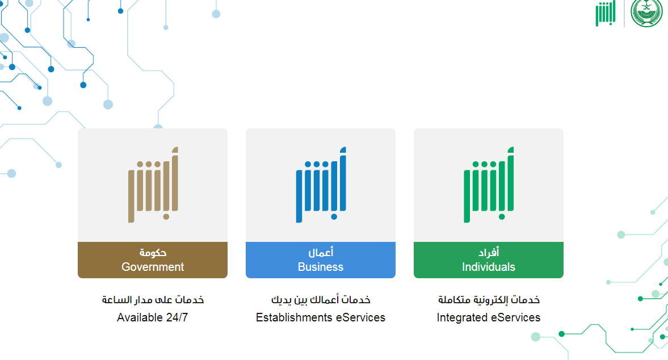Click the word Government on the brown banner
[x=153, y=267]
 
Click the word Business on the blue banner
[x=320, y=267]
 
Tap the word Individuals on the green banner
[x=489, y=267]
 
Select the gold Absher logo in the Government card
[x=153, y=185]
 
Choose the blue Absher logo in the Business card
[x=321, y=185]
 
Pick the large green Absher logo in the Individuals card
[x=489, y=185]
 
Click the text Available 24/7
[x=153, y=317]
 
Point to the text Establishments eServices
[x=320, y=317]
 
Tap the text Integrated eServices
[x=489, y=317]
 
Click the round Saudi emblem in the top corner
[x=646, y=13]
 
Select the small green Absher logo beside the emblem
[x=606, y=13]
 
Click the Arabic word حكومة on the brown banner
[x=153, y=253]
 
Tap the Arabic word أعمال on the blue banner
[x=321, y=253]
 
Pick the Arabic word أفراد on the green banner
[x=489, y=253]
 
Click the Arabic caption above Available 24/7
[x=153, y=300]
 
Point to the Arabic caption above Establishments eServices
[x=321, y=300]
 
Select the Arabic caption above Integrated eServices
[x=489, y=300]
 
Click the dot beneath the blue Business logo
[x=334, y=217]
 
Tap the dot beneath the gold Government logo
[x=166, y=217]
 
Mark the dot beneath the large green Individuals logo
[x=502, y=217]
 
